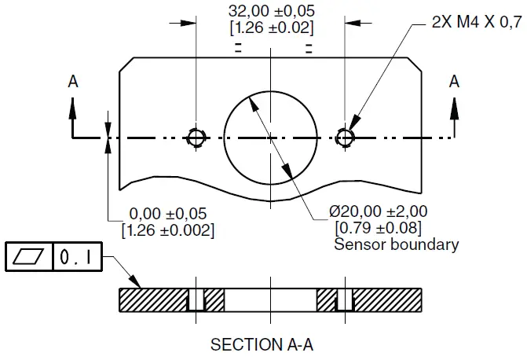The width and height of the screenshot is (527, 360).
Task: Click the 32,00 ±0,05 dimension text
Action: pos(270,11)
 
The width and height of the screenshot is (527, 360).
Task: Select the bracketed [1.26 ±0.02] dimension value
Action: pos(270,28)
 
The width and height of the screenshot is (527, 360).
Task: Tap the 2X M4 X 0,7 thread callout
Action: pos(476,23)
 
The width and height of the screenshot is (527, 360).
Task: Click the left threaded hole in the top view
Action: pos(196,138)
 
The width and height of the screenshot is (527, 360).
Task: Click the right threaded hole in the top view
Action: pos(344,138)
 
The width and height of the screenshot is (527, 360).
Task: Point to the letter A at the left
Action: pos(72,81)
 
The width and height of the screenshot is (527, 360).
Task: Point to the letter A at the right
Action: pos(453,81)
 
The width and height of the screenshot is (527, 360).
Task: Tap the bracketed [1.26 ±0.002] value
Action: pos(167,230)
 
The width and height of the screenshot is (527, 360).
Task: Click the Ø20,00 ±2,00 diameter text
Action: pos(379,212)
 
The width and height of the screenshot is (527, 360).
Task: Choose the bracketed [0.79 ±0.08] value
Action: pos(378,228)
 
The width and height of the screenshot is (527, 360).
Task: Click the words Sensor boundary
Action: pos(396,244)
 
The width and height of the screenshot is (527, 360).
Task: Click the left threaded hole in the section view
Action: pos(196,299)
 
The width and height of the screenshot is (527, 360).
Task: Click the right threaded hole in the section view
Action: pos(344,299)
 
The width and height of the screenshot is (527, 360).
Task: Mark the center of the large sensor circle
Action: pos(269,138)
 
